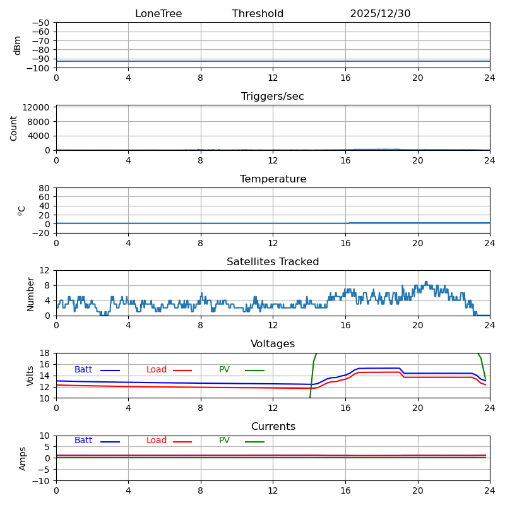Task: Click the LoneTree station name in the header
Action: point(158,14)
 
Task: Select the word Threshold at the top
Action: point(258,14)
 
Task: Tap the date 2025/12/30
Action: point(380,14)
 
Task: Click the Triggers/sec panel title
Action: point(273,97)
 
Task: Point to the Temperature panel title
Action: point(273,179)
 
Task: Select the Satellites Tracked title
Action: point(273,262)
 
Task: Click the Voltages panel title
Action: point(273,344)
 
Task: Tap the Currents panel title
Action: point(273,427)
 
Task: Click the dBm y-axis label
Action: point(18,45)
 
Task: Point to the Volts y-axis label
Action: point(30,376)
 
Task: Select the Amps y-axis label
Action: point(23,458)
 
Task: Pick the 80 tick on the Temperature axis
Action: point(45,188)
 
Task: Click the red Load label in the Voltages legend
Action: point(157,370)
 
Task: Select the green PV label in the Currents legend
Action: point(224,441)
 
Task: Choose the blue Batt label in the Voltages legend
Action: point(83,370)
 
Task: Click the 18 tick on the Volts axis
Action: point(45,353)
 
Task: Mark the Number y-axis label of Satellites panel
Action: point(30,294)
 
